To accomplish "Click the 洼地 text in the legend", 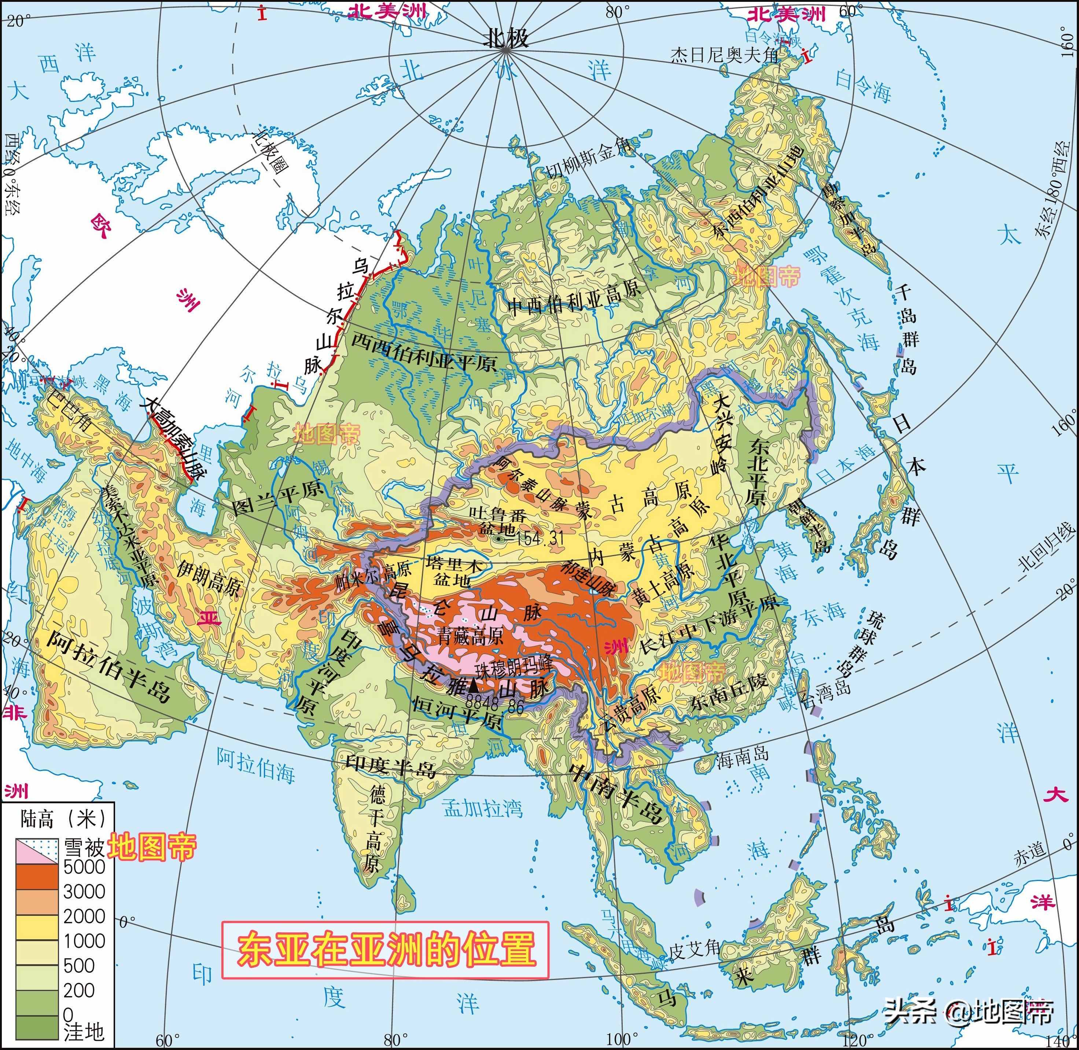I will click(x=84, y=1031).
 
